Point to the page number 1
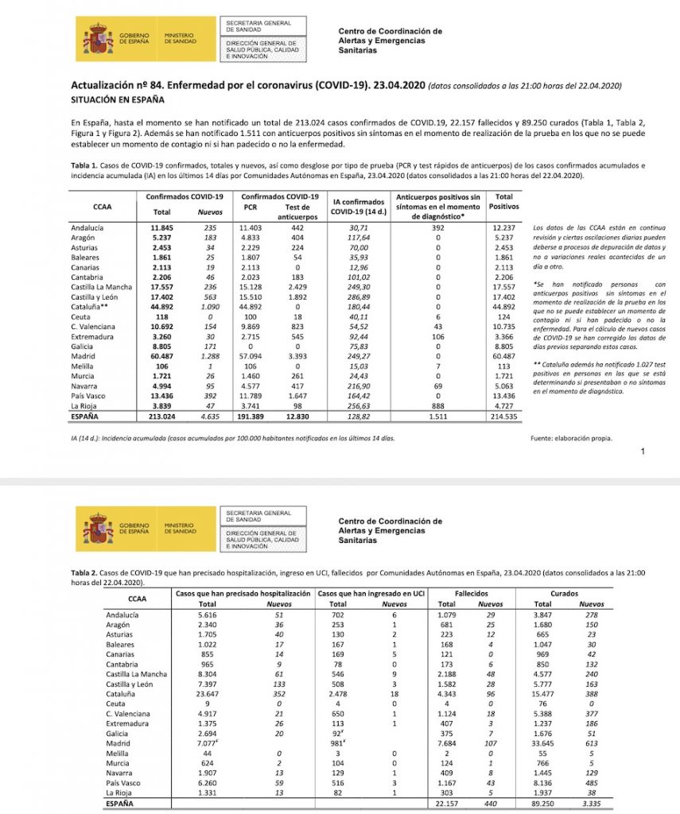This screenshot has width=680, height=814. click(643, 452)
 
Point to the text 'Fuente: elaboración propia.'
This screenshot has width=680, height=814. click(570, 438)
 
